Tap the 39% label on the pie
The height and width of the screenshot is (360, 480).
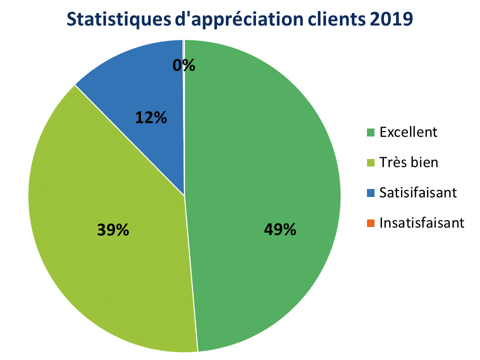pos(113,230)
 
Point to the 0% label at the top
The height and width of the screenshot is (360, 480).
pos(183,65)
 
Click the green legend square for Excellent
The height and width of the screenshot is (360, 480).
pos(370,132)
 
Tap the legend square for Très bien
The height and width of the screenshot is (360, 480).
pos(370,162)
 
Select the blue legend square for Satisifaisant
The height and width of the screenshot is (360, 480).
pos(370,192)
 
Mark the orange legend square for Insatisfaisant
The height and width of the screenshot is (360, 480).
pos(370,222)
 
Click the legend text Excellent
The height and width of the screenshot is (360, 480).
pos(408,132)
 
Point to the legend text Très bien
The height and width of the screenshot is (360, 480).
pos(408,162)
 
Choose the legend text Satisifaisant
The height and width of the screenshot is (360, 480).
pos(418,192)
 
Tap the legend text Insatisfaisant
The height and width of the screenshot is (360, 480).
pos(422,222)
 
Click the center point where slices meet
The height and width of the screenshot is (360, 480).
pos(184,195)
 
